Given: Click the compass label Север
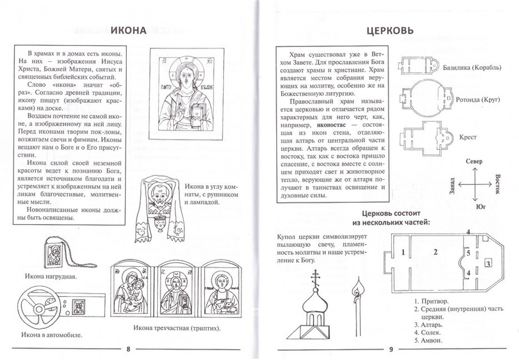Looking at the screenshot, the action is click(477, 161).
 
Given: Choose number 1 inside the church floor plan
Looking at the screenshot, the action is click(402, 253).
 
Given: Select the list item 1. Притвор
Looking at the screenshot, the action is click(432, 301).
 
